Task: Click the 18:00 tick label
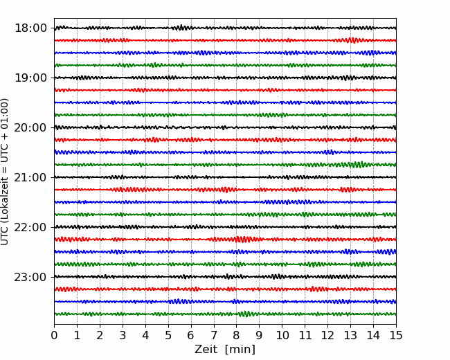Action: [30, 28]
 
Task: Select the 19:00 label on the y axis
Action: [30, 78]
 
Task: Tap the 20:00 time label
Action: [30, 127]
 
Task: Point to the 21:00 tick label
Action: [30, 177]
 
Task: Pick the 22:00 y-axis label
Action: [30, 227]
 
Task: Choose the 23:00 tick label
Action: [30, 277]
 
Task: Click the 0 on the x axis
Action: [54, 335]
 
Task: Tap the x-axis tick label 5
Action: [168, 335]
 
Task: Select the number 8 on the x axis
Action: [237, 335]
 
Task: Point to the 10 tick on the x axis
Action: [282, 335]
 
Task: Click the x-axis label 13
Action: [350, 335]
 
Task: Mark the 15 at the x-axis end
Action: [396, 335]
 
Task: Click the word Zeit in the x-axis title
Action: [206, 349]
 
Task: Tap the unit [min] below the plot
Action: [240, 350]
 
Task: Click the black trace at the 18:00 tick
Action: [225, 28]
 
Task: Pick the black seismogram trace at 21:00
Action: [225, 177]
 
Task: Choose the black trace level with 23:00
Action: [225, 277]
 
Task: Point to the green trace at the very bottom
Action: [225, 314]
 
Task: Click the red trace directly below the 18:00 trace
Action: [225, 40]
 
